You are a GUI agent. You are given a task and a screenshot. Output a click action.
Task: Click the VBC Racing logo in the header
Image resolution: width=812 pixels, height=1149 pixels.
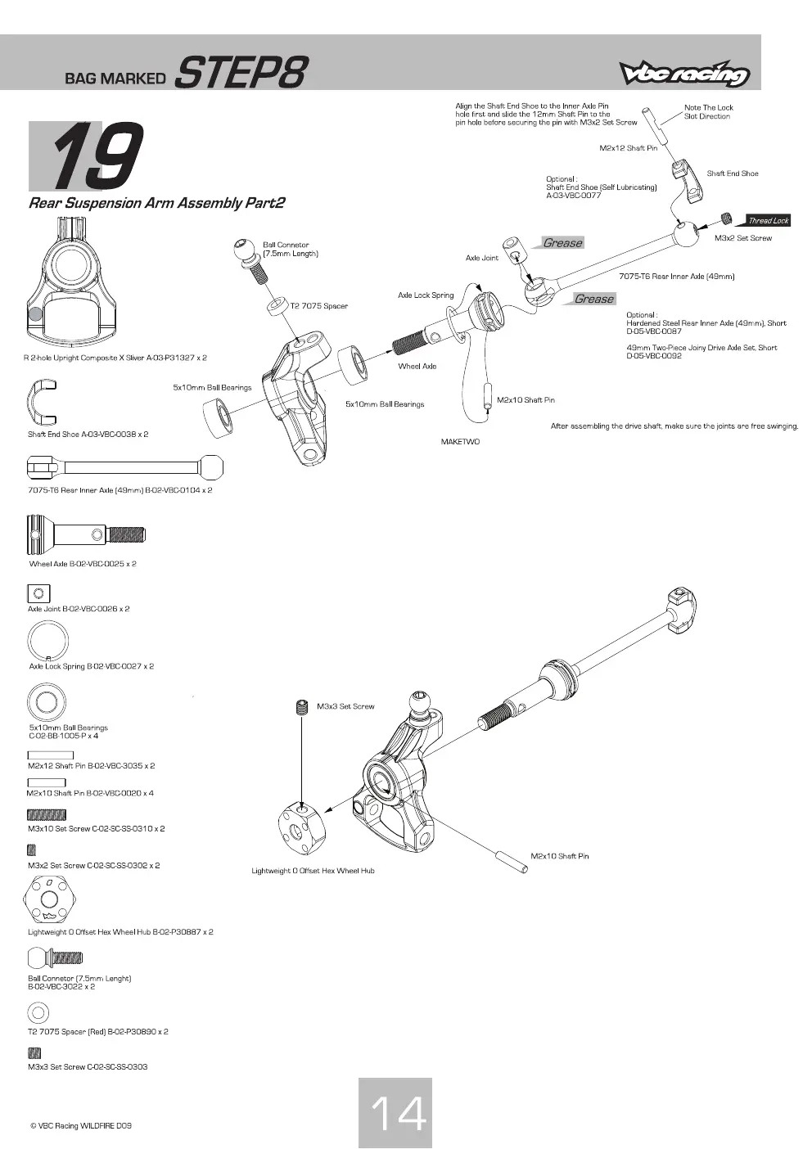[684, 73]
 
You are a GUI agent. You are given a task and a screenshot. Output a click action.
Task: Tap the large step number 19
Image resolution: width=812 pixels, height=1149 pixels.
[96, 156]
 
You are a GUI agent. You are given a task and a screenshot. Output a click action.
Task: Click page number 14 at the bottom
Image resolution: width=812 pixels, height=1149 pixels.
[398, 1114]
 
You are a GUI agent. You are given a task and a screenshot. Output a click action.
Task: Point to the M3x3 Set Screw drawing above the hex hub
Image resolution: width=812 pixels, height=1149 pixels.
[302, 707]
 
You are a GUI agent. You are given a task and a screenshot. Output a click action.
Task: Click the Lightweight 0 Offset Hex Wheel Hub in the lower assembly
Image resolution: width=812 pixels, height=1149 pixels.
[302, 829]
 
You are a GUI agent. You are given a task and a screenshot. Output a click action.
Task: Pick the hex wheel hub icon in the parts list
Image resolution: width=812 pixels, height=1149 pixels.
[50, 899]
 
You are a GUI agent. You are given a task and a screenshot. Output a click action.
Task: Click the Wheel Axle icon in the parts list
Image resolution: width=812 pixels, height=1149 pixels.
[86, 534]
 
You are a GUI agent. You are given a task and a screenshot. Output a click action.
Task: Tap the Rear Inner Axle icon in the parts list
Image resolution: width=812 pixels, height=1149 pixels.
[125, 466]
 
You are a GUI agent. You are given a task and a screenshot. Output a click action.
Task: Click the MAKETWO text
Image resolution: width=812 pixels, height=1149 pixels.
[460, 442]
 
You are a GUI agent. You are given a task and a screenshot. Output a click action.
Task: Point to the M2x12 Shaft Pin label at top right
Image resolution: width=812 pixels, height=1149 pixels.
[629, 148]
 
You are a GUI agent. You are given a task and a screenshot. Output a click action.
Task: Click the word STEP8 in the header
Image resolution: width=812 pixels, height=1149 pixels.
[241, 72]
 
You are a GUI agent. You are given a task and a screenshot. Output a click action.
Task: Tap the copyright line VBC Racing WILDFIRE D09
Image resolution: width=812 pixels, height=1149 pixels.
[80, 1125]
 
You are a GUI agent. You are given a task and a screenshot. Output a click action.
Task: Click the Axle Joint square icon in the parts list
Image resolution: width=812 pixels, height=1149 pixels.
[38, 593]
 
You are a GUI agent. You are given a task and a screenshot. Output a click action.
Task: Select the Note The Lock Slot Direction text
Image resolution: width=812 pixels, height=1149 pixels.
[708, 112]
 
